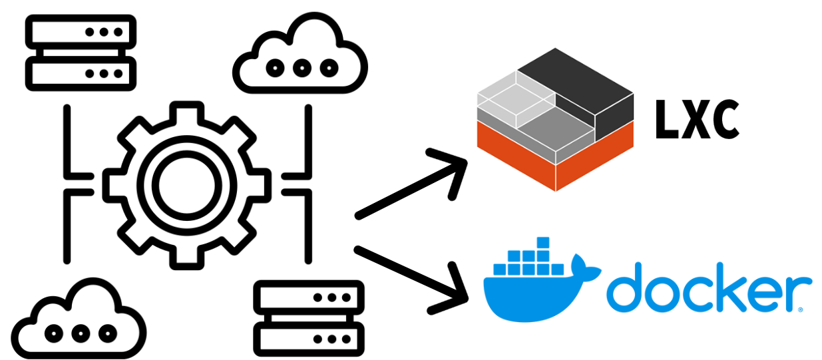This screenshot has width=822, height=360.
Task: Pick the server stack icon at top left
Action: point(80,52)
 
